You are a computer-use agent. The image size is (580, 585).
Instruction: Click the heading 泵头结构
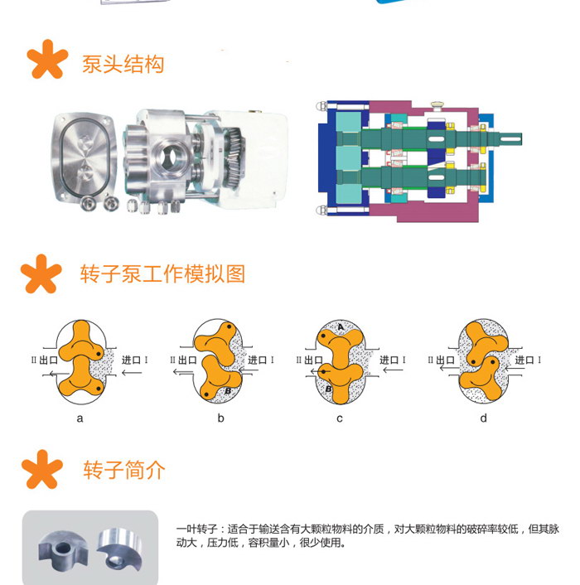[123, 65]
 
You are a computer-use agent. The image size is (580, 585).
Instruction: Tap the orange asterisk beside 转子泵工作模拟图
[41, 274]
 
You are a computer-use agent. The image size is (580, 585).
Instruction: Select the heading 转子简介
[124, 471]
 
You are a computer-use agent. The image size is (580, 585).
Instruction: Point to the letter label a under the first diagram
[80, 418]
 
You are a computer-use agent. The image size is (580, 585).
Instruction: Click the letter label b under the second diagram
[220, 418]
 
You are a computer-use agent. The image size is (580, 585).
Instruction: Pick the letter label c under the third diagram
[340, 418]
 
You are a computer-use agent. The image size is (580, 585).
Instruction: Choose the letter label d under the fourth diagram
[483, 418]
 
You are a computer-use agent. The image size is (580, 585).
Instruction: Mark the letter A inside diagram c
[341, 328]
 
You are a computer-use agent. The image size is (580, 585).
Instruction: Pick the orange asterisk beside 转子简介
[41, 471]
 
